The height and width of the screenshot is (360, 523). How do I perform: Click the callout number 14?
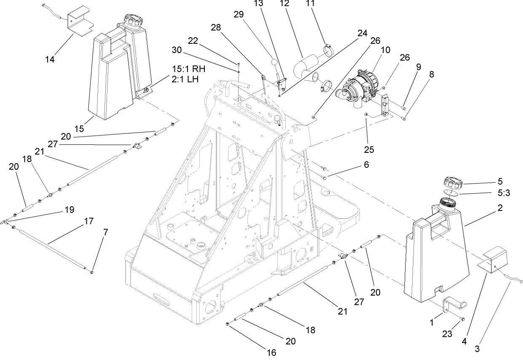(x=50, y=59)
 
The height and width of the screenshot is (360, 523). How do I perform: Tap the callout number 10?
(x=386, y=50)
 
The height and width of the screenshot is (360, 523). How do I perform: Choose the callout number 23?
(x=448, y=334)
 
